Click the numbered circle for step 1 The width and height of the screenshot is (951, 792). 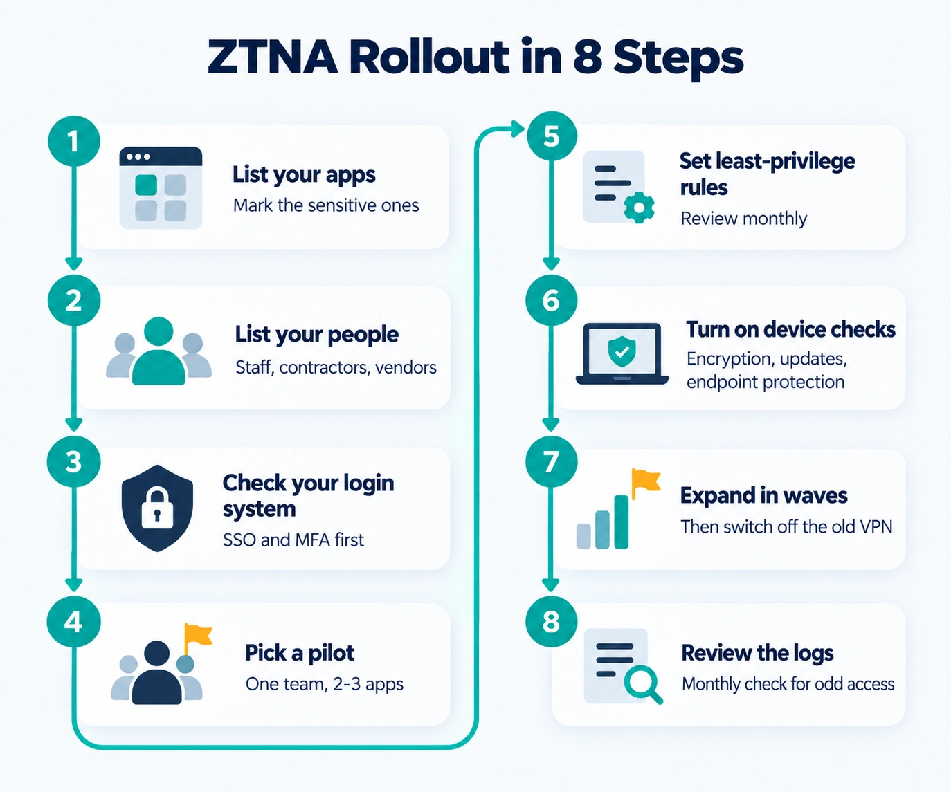[x=74, y=141]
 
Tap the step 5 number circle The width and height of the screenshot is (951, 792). [x=552, y=136]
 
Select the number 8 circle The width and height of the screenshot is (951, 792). [x=551, y=622]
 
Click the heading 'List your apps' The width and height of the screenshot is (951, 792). [x=304, y=175]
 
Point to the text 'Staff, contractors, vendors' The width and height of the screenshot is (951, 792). [x=336, y=367]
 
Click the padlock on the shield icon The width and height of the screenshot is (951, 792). [x=157, y=508]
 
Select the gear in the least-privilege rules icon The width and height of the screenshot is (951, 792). [x=639, y=208]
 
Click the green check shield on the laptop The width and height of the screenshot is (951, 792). [x=622, y=351]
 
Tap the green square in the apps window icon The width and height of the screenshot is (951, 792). [x=146, y=185]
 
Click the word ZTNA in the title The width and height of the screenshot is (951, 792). [x=273, y=57]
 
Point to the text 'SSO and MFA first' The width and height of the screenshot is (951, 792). [x=293, y=540]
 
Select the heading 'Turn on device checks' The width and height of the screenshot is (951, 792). [x=790, y=329]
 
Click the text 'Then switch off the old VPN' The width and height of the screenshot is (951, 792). [x=786, y=526]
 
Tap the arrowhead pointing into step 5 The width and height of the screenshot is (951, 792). [x=518, y=129]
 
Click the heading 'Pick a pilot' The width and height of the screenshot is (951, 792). [x=300, y=653]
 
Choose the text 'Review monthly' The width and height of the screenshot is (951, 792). [x=743, y=219]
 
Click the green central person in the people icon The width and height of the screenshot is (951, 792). [x=158, y=351]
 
